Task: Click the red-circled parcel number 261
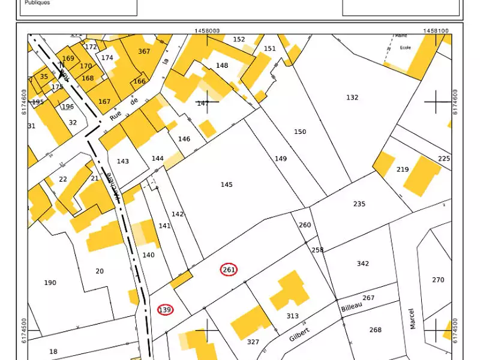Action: point(229,269)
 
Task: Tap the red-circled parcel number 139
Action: point(165,310)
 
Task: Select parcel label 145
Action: point(226,185)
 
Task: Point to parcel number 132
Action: point(352,97)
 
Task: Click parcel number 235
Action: point(359,204)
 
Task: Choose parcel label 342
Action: point(362,263)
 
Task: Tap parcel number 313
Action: point(292,316)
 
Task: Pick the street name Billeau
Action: point(352,307)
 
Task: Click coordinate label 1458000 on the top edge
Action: point(207,30)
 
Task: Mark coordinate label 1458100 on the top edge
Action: point(436,30)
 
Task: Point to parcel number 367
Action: point(144,52)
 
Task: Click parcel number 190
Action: point(50,283)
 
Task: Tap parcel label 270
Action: point(438,280)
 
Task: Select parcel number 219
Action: point(402,170)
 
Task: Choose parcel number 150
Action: point(300,131)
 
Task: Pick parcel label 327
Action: point(253,342)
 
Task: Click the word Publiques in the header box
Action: point(37,3)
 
